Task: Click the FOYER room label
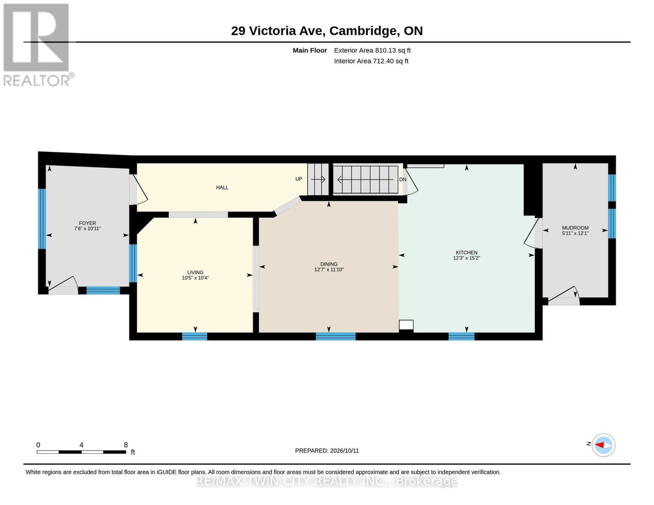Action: (87, 223)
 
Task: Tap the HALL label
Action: (222, 188)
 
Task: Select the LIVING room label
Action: (195, 272)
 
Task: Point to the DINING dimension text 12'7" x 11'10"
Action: (329, 270)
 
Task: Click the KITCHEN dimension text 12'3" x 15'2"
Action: (466, 258)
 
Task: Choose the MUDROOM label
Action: (575, 228)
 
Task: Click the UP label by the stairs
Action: (298, 179)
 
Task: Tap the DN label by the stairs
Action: (403, 179)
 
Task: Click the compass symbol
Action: (603, 445)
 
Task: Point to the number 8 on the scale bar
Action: (126, 445)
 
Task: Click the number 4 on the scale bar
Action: (81, 445)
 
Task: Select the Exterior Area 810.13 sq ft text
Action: (372, 50)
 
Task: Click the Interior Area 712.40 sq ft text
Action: (371, 61)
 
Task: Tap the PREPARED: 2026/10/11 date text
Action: (327, 451)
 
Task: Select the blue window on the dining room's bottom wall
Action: (335, 336)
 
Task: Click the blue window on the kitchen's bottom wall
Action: (461, 336)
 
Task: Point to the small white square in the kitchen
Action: (406, 325)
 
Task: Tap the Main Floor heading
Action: (310, 50)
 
